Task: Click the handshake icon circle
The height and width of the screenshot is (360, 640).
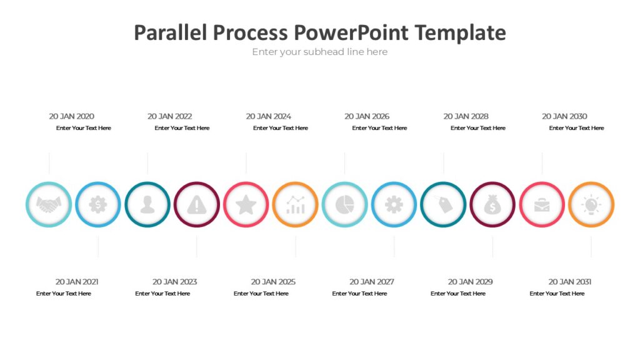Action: coord(49,204)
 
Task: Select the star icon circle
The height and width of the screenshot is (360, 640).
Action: coord(246,204)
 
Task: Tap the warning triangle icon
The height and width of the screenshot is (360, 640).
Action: coord(197,204)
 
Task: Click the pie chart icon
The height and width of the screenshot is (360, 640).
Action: coord(344,204)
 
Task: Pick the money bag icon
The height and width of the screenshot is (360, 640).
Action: coord(492,204)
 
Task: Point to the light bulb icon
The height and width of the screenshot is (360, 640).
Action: coord(591,204)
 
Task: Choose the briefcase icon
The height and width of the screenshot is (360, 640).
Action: coord(542,204)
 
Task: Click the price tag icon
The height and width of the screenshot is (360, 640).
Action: coord(443,204)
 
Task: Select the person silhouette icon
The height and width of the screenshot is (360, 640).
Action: coord(147,204)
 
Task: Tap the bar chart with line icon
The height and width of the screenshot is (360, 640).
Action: coord(296,204)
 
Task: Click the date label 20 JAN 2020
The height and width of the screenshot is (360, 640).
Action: coord(72,116)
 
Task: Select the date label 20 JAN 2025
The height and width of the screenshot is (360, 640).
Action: coord(273,282)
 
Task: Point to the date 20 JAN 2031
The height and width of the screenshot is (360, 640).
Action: coord(570,282)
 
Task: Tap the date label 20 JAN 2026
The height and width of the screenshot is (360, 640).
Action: coord(367,116)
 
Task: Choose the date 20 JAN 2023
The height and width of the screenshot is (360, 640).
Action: coord(174,282)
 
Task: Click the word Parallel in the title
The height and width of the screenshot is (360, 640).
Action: coord(170,32)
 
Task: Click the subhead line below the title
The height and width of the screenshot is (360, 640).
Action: coord(320,52)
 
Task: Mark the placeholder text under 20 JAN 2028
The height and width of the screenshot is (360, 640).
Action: coord(478,128)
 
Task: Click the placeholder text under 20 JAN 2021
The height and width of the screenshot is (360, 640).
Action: coord(64,294)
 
